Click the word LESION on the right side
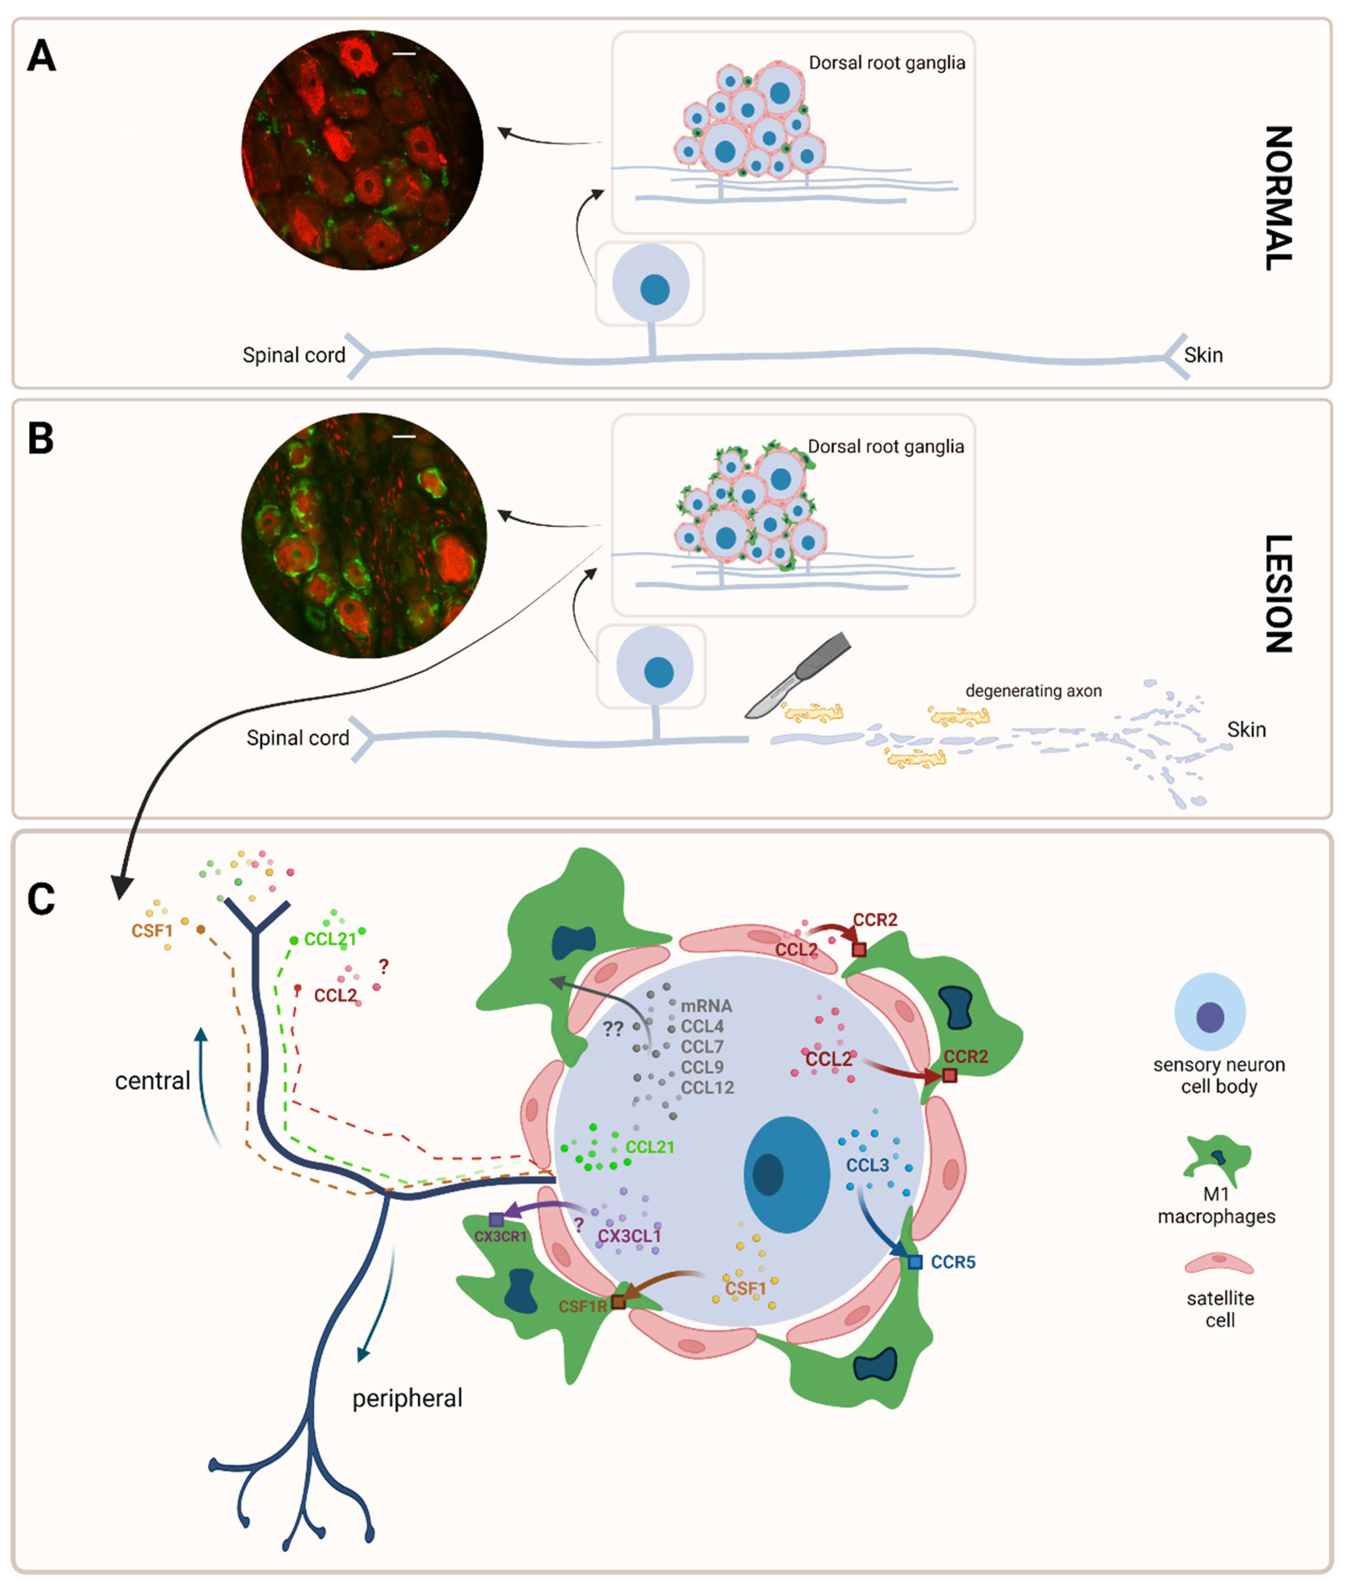1279,593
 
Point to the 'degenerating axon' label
1033,691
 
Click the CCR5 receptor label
953,1262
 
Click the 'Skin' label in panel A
1203,355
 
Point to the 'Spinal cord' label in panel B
298,738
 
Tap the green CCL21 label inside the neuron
650,1147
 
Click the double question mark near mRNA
613,1029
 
